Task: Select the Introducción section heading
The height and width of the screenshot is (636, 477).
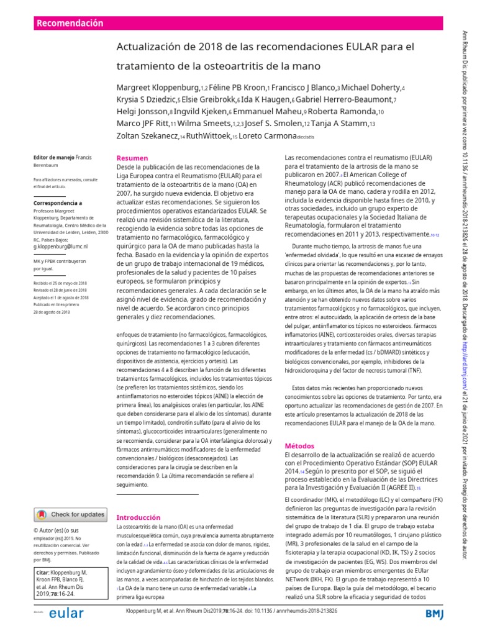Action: coord(139,517)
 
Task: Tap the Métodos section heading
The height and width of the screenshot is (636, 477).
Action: coord(299,446)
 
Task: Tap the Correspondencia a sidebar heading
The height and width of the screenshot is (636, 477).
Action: coord(57,202)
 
